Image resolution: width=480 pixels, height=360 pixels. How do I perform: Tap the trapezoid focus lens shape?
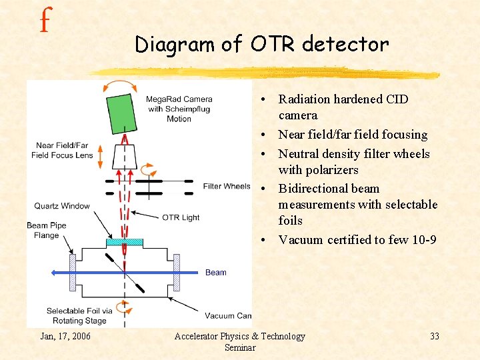coord(125,157)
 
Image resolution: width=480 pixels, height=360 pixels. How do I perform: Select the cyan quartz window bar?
coord(125,242)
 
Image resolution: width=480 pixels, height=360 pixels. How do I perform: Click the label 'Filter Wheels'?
coord(227,186)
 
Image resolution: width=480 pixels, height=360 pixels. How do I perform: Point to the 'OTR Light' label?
coord(181,217)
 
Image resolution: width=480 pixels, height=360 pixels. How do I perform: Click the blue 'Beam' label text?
coord(215,272)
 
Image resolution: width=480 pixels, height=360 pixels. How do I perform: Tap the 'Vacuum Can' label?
coord(228,315)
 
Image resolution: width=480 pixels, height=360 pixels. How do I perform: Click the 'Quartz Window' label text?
coord(62,205)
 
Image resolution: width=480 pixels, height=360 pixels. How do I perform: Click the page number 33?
coord(434,336)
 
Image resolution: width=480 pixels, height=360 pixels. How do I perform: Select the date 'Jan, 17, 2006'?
coord(65,336)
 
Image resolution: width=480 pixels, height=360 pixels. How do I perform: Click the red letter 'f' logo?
coord(44,21)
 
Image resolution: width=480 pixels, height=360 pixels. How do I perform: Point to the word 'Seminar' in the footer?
coord(239,347)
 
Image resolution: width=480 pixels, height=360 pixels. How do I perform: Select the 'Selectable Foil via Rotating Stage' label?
coord(76,315)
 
